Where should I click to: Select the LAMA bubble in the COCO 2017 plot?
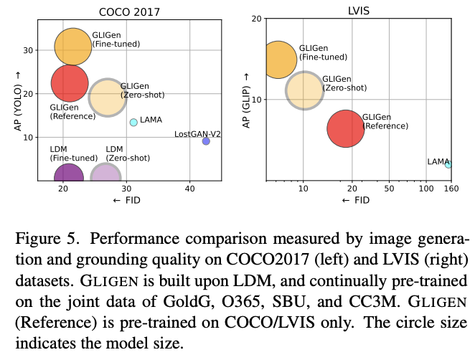click(133, 123)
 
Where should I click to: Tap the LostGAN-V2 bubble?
click(206, 141)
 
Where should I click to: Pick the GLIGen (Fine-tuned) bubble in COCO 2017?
click(72, 47)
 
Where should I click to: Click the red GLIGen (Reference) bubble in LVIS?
click(346, 129)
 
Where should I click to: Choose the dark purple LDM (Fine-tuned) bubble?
click(68, 175)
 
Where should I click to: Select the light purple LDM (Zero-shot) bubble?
click(105, 175)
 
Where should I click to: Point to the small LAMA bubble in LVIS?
click(448, 164)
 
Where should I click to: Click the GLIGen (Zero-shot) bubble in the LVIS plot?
click(304, 90)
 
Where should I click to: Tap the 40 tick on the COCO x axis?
click(189, 189)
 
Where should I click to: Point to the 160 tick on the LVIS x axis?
click(451, 189)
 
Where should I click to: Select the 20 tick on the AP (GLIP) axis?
click(255, 19)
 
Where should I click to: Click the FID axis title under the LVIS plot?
click(357, 200)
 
